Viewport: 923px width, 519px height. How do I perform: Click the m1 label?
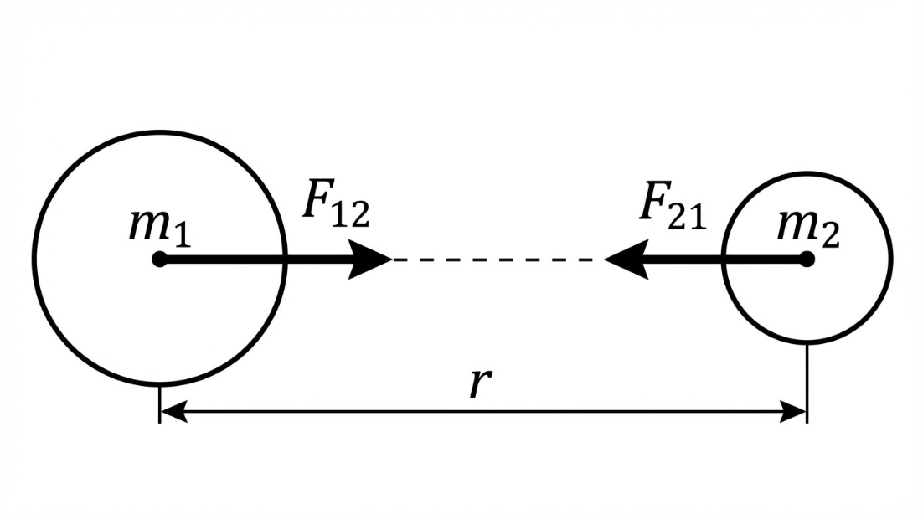click(x=159, y=228)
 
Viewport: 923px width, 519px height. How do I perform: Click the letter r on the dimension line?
click(x=477, y=384)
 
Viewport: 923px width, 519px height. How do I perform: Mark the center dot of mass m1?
click(x=160, y=259)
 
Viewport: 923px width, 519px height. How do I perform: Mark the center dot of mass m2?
click(x=807, y=259)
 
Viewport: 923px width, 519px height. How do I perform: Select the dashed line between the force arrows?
click(x=498, y=259)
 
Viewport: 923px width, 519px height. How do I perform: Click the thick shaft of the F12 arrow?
click(x=251, y=259)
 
